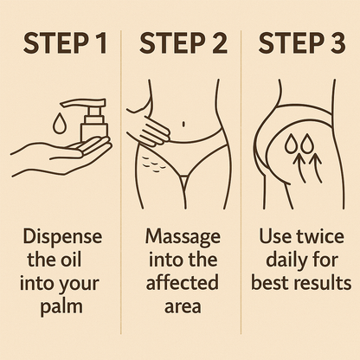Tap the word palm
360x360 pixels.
click(61, 304)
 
